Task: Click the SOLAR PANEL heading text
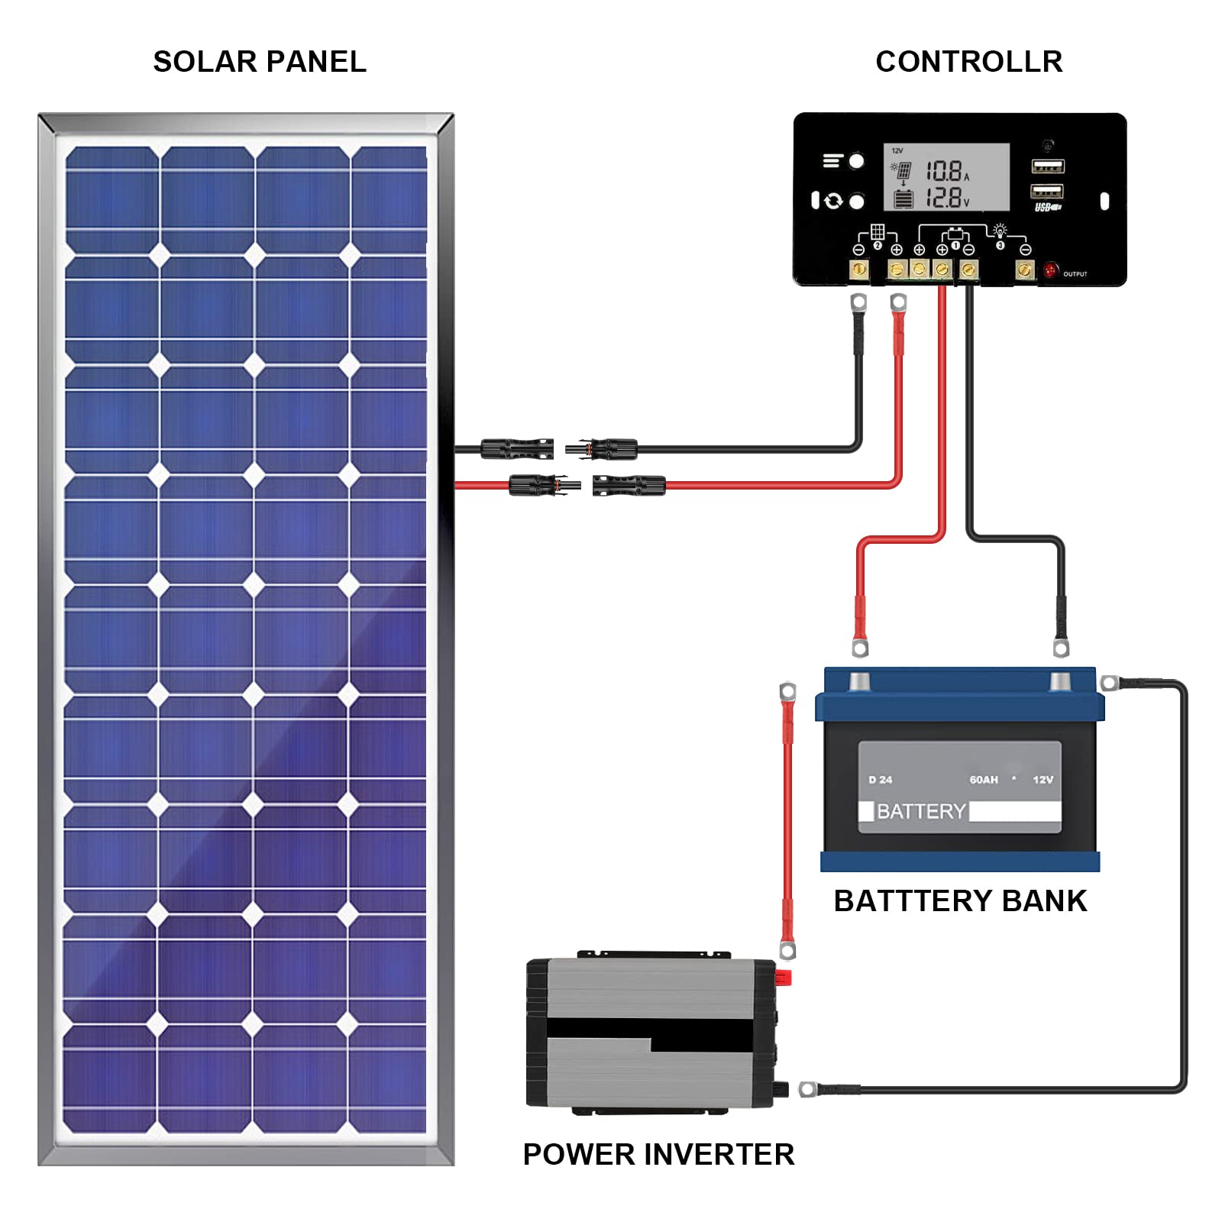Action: click(x=260, y=62)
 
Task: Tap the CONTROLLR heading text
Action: click(x=968, y=62)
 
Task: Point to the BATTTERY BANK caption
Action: click(x=960, y=901)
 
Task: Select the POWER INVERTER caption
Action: click(x=658, y=1154)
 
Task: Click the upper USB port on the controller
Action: click(x=1047, y=166)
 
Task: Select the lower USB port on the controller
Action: click(x=1047, y=191)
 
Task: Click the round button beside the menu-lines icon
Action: click(x=856, y=161)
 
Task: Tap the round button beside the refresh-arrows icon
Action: click(x=857, y=201)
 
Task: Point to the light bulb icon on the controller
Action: click(x=1000, y=230)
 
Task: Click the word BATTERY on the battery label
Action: click(x=921, y=811)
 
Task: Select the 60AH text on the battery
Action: click(x=984, y=780)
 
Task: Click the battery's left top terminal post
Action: click(x=860, y=681)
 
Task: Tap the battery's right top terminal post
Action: click(x=1060, y=681)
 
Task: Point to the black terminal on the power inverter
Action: click(x=781, y=1088)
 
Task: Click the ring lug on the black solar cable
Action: click(x=858, y=302)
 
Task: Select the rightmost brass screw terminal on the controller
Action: click(x=1024, y=270)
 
